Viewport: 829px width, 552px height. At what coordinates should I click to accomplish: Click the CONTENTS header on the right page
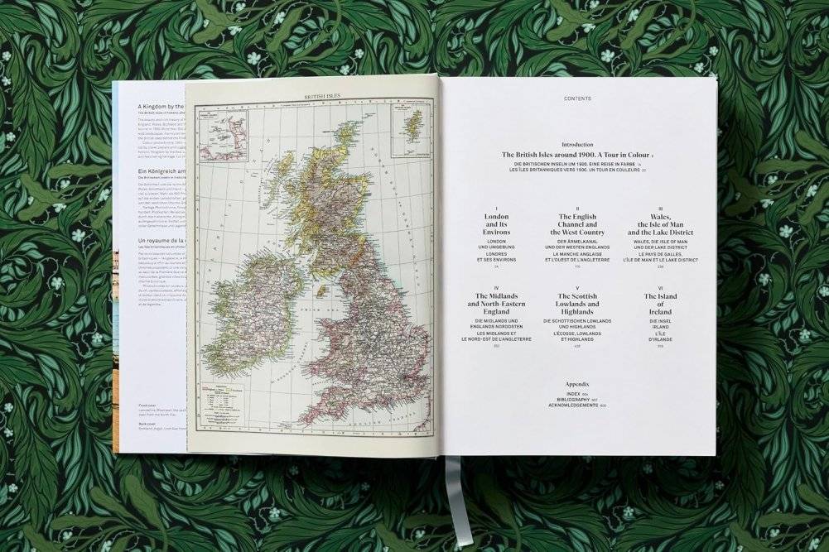[577, 98]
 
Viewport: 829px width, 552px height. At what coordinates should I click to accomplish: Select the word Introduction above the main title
[577, 144]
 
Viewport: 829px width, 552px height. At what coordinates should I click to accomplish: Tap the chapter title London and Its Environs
[496, 224]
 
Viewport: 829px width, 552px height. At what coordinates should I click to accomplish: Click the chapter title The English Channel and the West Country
[577, 224]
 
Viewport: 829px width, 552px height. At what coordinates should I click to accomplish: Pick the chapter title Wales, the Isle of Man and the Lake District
[660, 224]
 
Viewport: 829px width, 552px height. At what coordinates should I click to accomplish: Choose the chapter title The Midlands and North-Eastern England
[496, 304]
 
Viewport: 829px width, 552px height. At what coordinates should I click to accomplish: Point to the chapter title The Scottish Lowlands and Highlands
[577, 304]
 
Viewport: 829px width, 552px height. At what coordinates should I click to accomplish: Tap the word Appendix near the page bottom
[577, 385]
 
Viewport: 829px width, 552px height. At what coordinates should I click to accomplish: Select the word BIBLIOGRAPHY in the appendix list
[573, 399]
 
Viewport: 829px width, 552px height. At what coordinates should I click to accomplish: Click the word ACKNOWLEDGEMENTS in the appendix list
[573, 405]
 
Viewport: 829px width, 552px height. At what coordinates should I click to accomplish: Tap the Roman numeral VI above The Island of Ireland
[660, 288]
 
